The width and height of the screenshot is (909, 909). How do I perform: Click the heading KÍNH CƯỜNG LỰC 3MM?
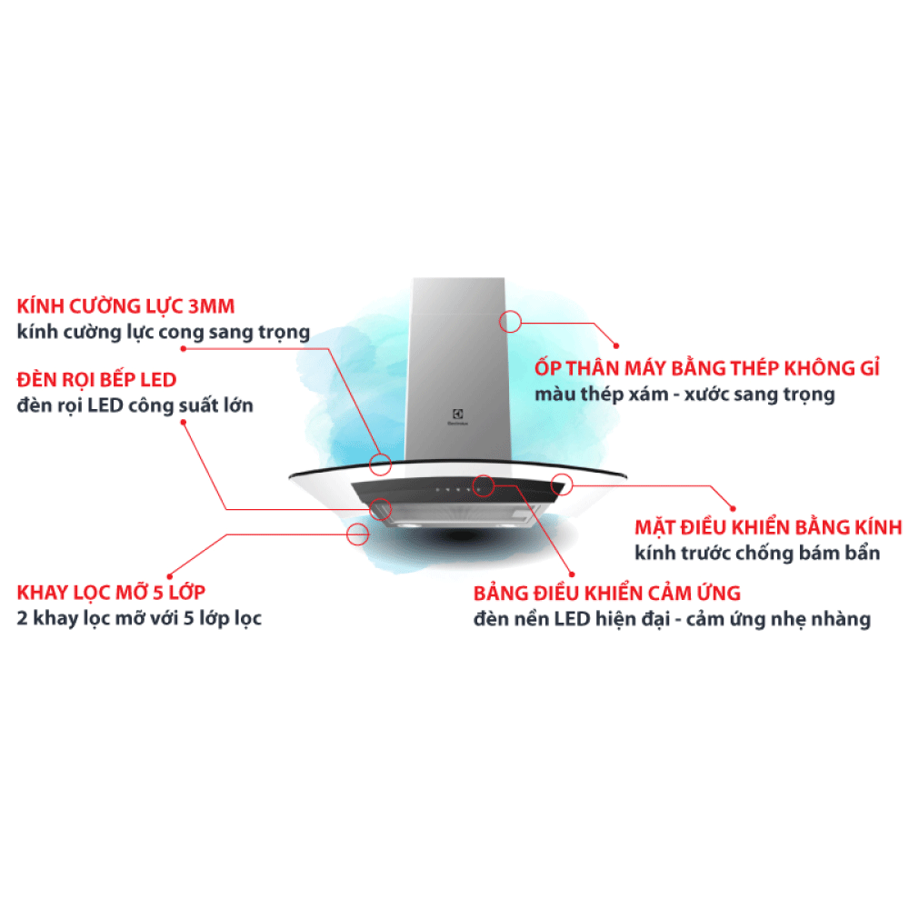[x=125, y=305]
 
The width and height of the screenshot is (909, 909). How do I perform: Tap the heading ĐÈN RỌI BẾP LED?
[x=97, y=380]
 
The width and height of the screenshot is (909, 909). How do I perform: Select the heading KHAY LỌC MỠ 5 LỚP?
[x=111, y=592]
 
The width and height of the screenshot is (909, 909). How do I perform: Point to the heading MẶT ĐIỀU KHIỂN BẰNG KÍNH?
[x=769, y=527]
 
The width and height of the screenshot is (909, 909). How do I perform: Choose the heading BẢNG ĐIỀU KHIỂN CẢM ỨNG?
[x=607, y=593]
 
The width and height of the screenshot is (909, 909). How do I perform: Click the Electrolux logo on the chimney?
[x=457, y=417]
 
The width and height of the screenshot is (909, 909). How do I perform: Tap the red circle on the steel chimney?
[x=510, y=321]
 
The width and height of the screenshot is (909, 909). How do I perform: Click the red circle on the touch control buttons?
[x=484, y=485]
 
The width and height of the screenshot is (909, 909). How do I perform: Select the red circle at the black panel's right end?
[x=562, y=484]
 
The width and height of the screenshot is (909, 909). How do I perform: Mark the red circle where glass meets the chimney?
[x=380, y=464]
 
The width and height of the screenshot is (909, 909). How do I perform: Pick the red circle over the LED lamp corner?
[x=381, y=509]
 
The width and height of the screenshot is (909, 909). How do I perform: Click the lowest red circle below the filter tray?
[x=357, y=534]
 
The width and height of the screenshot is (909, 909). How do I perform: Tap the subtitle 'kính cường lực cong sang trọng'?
[x=164, y=332]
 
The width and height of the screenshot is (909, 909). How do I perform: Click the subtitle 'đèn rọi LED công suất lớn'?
[x=135, y=405]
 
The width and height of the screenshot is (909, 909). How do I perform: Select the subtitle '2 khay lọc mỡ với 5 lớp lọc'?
[x=139, y=618]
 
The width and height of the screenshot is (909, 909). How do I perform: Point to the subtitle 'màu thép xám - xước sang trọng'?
[x=684, y=395]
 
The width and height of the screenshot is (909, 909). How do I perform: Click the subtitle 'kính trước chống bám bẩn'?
[x=757, y=553]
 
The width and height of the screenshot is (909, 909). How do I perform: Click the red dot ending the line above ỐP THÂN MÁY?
[x=616, y=346]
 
